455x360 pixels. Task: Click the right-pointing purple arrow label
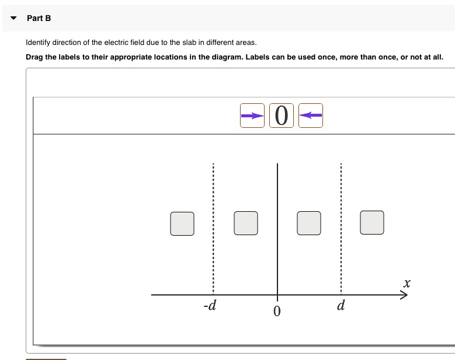point(252,116)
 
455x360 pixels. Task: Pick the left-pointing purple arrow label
point(310,116)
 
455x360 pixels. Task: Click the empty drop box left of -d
point(182,223)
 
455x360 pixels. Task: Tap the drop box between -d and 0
point(245,223)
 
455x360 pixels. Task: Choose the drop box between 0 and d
point(308,223)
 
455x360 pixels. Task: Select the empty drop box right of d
point(372,223)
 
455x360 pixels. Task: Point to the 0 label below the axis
point(277,312)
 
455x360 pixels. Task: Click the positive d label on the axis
point(341,305)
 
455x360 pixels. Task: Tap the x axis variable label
point(407,284)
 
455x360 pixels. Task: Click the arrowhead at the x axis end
point(403,295)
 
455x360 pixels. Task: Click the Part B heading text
point(39,18)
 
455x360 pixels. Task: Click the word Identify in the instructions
point(38,43)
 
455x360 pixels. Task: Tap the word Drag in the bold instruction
point(35,57)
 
